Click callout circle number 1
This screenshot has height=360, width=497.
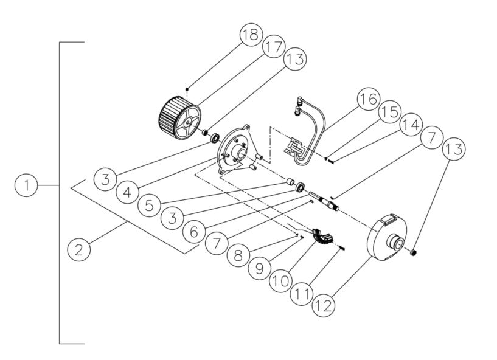click(26, 185)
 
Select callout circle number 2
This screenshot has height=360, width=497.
click(80, 249)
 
